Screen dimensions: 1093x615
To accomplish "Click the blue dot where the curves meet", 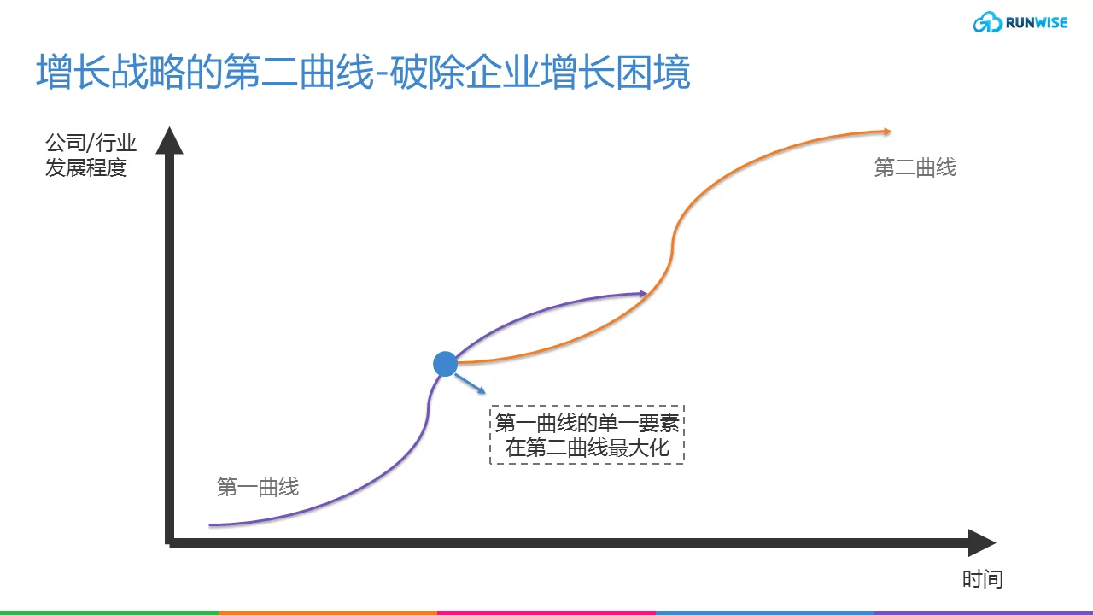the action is coord(445,364).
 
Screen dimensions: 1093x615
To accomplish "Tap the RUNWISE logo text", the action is coord(1037,23).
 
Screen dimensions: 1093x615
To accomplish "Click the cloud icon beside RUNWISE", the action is coord(988,22).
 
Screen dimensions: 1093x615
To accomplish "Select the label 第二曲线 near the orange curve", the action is coord(915,167).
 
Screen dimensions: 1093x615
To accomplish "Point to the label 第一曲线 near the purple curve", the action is coord(258,487).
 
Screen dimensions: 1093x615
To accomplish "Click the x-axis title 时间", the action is coord(982,579).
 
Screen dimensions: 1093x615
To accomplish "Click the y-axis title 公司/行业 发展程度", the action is coord(91,155).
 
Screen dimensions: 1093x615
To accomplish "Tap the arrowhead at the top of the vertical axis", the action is coord(169,141).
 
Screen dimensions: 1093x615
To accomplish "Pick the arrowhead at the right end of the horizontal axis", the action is coord(982,542).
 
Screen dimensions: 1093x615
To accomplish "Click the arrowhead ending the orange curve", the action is coord(887,132).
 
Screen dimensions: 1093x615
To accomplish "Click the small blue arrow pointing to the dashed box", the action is coord(470,384).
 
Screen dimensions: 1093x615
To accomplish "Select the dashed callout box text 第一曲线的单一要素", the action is coord(587,423).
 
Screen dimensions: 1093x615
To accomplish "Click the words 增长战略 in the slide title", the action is coord(111,72).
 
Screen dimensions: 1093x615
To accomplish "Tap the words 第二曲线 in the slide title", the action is coord(299,72).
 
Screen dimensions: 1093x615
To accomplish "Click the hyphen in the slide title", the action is coord(382,74).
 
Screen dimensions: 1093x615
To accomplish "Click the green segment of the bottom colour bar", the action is coord(109,612).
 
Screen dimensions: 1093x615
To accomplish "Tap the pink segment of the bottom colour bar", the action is coord(546,612).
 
